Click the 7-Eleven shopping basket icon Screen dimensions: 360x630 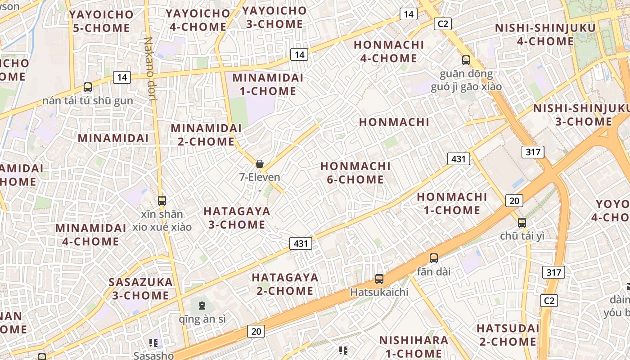point(260,164)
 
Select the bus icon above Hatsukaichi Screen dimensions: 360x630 point(379,279)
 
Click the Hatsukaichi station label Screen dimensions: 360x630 point(379,292)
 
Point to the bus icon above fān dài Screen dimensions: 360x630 point(434,258)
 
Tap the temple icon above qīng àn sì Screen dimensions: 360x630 point(202,306)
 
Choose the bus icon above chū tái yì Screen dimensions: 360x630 point(522,222)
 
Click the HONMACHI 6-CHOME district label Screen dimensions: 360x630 point(355,173)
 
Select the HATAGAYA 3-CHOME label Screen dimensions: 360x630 point(237,218)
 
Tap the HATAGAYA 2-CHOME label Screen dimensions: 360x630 point(285,284)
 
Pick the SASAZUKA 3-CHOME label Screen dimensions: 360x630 point(140,289)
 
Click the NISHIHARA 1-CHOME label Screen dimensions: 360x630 point(414,346)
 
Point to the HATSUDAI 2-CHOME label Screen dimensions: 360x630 point(508,334)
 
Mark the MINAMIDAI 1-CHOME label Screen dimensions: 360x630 point(268,84)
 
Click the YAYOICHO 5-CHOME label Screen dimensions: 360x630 point(101,21)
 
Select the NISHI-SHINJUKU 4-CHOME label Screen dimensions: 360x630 point(545,34)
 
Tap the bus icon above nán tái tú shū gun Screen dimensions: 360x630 point(88,87)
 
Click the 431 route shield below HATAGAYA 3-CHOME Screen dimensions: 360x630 point(301,244)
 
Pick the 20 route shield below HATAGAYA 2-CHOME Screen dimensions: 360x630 point(256,332)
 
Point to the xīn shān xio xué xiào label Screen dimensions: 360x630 point(162,220)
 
